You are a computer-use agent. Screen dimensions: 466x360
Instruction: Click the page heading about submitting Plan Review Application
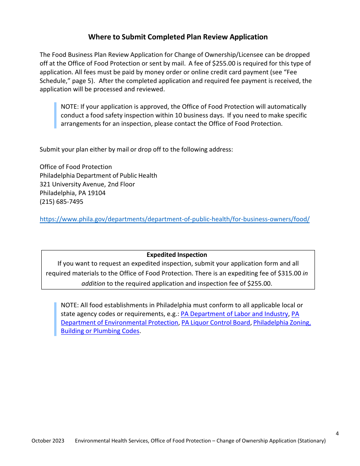pyautogui.click(x=178, y=37)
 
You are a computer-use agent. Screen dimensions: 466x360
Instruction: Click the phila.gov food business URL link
pyautogui.click(x=174, y=219)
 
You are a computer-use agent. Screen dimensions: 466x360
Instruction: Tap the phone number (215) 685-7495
pyautogui.click(x=61, y=202)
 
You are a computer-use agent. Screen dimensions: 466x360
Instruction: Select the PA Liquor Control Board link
pyautogui.click(x=216, y=322)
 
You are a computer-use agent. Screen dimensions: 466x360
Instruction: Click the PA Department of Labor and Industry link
pyautogui.click(x=234, y=314)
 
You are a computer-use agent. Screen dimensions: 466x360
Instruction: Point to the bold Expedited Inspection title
pyautogui.click(x=177, y=255)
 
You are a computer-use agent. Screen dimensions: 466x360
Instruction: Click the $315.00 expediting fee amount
pyautogui.click(x=289, y=273)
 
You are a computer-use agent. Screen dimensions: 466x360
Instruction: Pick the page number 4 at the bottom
pyautogui.click(x=337, y=433)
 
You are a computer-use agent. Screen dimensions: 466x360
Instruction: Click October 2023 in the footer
pyautogui.click(x=48, y=441)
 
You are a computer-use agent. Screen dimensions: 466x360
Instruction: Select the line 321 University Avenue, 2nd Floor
pyautogui.click(x=87, y=184)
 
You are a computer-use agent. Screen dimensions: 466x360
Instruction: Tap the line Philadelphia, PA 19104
pyautogui.click(x=72, y=193)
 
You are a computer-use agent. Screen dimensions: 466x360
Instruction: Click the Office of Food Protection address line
pyautogui.click(x=76, y=167)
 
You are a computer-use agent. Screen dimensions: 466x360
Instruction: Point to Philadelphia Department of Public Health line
pyautogui.click(x=98, y=175)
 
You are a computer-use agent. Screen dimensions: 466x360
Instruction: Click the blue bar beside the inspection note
pyautogui.click(x=55, y=115)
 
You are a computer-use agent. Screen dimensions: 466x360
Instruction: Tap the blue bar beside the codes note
pyautogui.click(x=55, y=318)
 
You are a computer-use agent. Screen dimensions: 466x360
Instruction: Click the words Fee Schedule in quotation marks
pyautogui.click(x=298, y=72)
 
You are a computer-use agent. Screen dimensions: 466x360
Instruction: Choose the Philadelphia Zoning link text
pyautogui.click(x=282, y=322)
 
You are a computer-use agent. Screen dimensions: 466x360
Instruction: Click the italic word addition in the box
pyautogui.click(x=93, y=283)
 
